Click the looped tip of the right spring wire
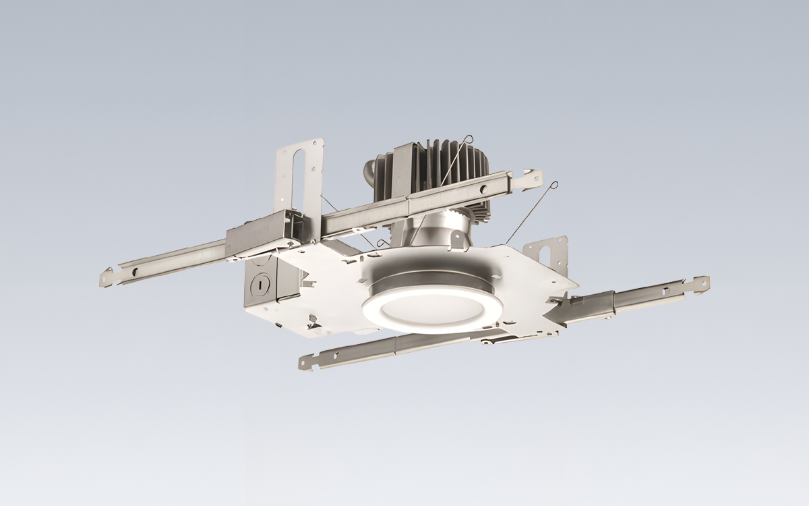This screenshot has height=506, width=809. [554, 184]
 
